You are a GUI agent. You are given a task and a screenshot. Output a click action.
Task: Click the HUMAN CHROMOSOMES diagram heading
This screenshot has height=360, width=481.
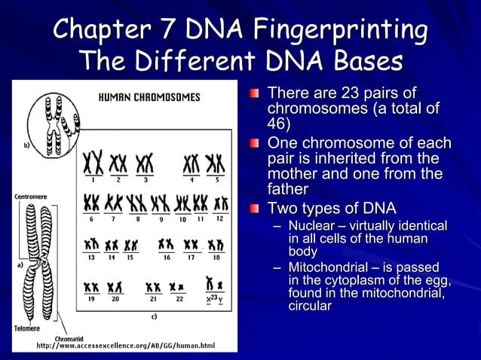coord(151,97)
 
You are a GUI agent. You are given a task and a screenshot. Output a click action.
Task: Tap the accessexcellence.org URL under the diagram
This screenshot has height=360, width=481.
coord(126,346)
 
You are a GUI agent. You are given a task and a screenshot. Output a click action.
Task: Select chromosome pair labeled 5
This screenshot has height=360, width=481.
coord(215,163)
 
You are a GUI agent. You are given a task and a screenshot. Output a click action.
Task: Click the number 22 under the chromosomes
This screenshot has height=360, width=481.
coord(179,299)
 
